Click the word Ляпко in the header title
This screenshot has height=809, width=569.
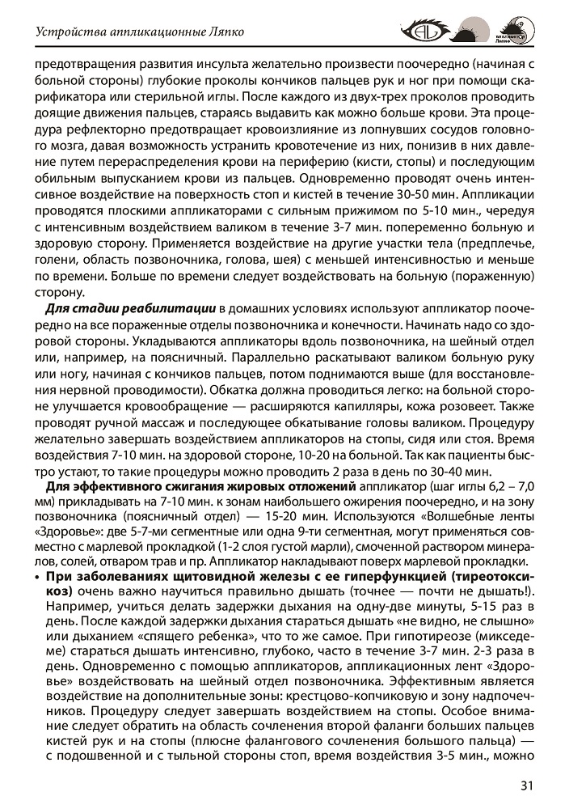pos(225,33)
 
